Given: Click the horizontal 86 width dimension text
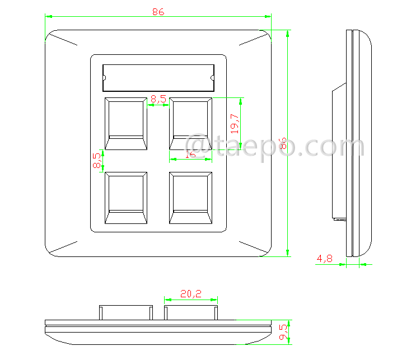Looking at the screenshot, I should tap(158, 12).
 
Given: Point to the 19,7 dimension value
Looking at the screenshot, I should tap(235, 123).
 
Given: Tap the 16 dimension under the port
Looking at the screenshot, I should tap(190, 155).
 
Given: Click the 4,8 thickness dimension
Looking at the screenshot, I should tap(325, 259).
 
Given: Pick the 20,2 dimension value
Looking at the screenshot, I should tap(190, 293).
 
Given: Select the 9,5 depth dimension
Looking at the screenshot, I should tap(284, 332).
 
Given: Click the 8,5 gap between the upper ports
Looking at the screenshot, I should tap(158, 99).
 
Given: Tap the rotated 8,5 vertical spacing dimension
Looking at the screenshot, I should tap(96, 161).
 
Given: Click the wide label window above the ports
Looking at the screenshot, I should tap(158, 77).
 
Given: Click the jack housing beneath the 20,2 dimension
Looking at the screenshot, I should tap(191, 312).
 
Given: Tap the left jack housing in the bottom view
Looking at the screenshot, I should tap(126, 312).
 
